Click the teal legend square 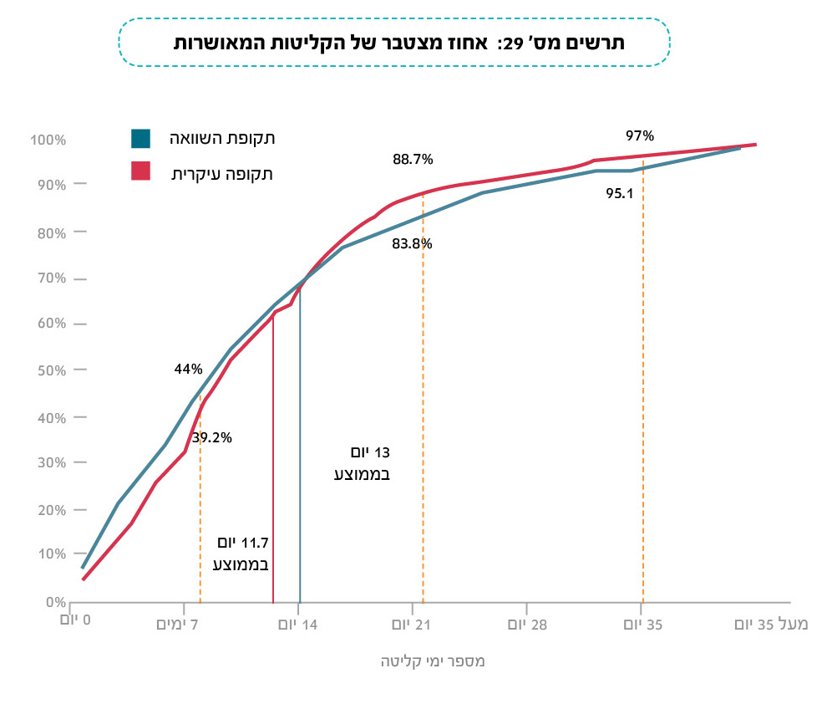[x=140, y=138]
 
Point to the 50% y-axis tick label [x=49, y=370]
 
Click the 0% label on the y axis [x=54, y=602]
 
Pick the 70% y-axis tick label [x=49, y=278]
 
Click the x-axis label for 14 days [x=299, y=625]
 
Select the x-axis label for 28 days [x=527, y=625]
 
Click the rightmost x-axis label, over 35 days [x=771, y=625]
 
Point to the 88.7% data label [x=413, y=159]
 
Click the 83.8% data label [x=412, y=244]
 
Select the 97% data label [x=639, y=135]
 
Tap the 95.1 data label [x=619, y=193]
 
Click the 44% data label [x=188, y=369]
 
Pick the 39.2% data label [x=211, y=437]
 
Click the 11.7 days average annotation [x=241, y=553]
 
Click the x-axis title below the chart [x=433, y=661]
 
